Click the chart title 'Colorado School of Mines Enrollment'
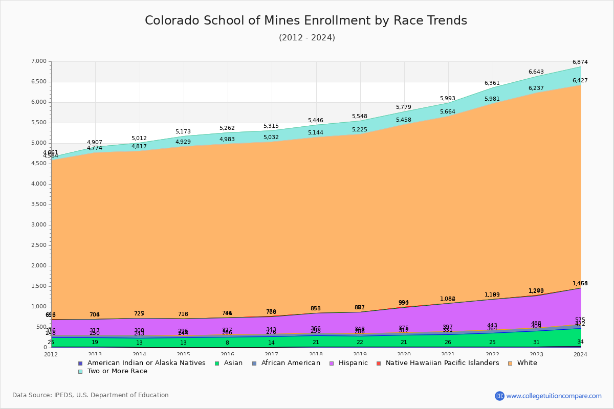click(x=306, y=20)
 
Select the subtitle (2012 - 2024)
click(x=306, y=38)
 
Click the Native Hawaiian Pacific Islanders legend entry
click(x=442, y=363)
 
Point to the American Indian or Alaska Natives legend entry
click(x=146, y=363)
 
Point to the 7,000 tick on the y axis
click(x=39, y=61)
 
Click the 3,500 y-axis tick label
click(x=39, y=204)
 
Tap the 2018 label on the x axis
click(x=316, y=354)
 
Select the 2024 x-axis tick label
click(x=580, y=354)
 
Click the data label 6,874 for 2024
click(x=580, y=62)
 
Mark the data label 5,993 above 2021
click(x=448, y=99)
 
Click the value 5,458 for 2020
click(x=404, y=120)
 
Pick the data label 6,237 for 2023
click(x=536, y=88)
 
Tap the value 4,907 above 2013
click(x=95, y=143)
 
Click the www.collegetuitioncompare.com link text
click(x=554, y=396)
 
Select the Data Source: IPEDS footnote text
click(x=90, y=395)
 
